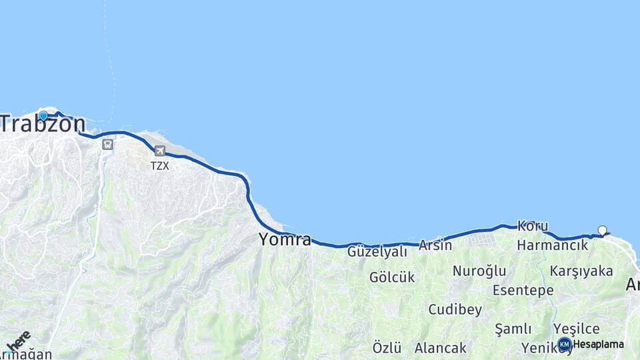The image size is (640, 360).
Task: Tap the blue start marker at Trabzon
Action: [x=43, y=115]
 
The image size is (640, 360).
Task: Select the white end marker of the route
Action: [x=603, y=231]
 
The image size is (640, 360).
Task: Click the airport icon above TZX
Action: [x=159, y=151]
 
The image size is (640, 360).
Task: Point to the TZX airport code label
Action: [x=159, y=165]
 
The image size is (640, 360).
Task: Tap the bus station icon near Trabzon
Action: [x=107, y=144]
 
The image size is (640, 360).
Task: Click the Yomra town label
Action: [x=285, y=239]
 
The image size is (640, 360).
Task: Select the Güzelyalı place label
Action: [x=377, y=251]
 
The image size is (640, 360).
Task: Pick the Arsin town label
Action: [x=435, y=245]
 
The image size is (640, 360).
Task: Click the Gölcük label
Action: [x=392, y=277]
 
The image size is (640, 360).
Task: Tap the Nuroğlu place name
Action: [x=479, y=271]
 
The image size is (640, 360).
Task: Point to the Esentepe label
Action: [x=523, y=290]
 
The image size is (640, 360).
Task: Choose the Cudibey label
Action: [x=455, y=309]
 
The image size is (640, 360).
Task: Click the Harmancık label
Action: [x=553, y=245]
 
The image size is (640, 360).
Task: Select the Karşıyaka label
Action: [x=581, y=271]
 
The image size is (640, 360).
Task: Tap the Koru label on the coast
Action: [x=533, y=227]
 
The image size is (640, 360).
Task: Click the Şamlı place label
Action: [x=513, y=329]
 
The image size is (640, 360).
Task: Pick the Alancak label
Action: [x=441, y=347]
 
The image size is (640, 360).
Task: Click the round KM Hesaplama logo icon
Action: [x=565, y=344]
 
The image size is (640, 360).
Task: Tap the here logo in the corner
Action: [x=18, y=341]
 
